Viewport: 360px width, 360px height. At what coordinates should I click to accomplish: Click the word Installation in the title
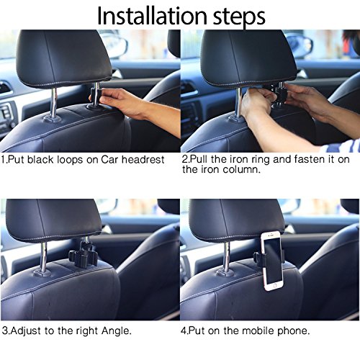click(x=152, y=16)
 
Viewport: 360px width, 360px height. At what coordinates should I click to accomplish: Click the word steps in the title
click(x=239, y=17)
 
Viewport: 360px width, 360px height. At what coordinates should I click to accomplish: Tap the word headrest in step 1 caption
click(x=143, y=160)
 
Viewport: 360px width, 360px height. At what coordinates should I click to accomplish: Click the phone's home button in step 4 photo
click(x=275, y=286)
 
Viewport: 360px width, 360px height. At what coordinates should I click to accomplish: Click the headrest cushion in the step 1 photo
click(x=63, y=58)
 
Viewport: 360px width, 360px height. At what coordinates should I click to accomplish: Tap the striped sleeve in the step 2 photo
click(x=341, y=146)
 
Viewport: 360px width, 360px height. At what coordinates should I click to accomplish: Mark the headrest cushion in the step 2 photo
click(x=248, y=58)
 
